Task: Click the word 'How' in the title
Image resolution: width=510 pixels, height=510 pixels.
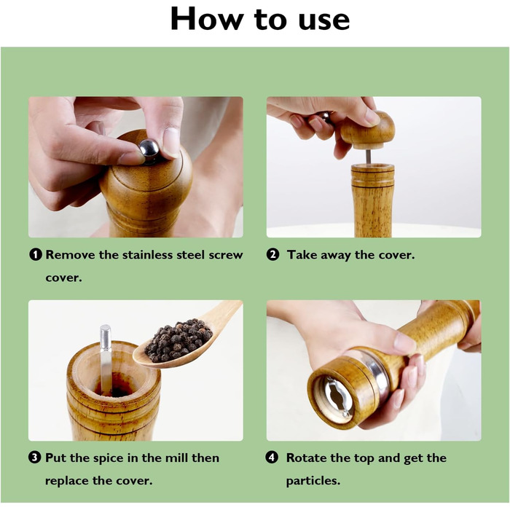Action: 207,19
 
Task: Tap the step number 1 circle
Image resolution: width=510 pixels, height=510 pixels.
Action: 36,254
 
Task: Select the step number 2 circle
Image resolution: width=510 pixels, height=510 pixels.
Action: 273,254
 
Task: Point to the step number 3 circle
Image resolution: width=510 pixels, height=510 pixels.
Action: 35,458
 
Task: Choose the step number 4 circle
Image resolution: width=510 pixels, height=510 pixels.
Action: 272,458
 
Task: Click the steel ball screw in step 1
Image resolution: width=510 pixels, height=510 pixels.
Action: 149,149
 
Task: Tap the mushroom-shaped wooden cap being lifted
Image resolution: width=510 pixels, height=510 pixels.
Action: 368,129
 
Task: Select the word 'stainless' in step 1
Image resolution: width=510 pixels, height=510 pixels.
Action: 148,255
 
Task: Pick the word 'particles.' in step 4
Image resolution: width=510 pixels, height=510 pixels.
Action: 313,481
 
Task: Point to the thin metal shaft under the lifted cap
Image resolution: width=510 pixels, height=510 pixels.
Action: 368,157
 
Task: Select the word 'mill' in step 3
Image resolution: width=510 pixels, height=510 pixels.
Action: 176,458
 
